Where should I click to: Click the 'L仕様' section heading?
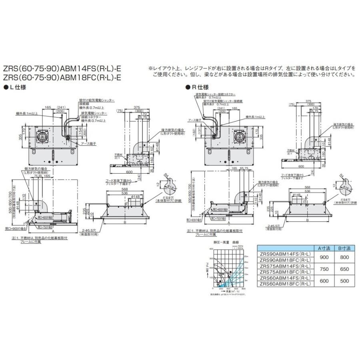(17, 87)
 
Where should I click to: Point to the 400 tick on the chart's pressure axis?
(211, 248)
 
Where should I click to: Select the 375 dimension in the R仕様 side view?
(308, 101)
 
